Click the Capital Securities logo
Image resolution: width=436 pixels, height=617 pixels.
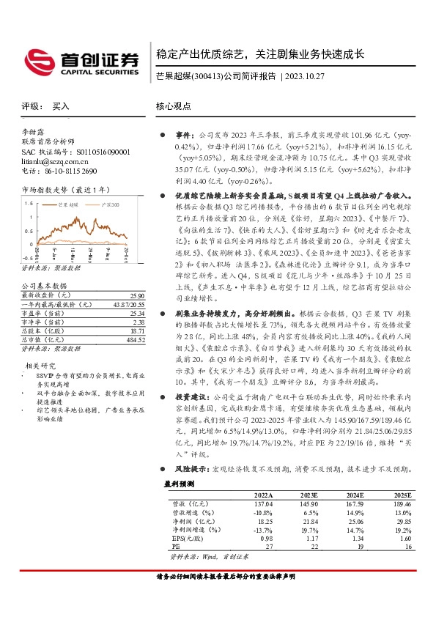(x=81, y=59)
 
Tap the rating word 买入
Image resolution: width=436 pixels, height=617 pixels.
(x=60, y=106)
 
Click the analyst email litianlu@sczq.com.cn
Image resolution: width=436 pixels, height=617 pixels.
(x=55, y=160)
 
